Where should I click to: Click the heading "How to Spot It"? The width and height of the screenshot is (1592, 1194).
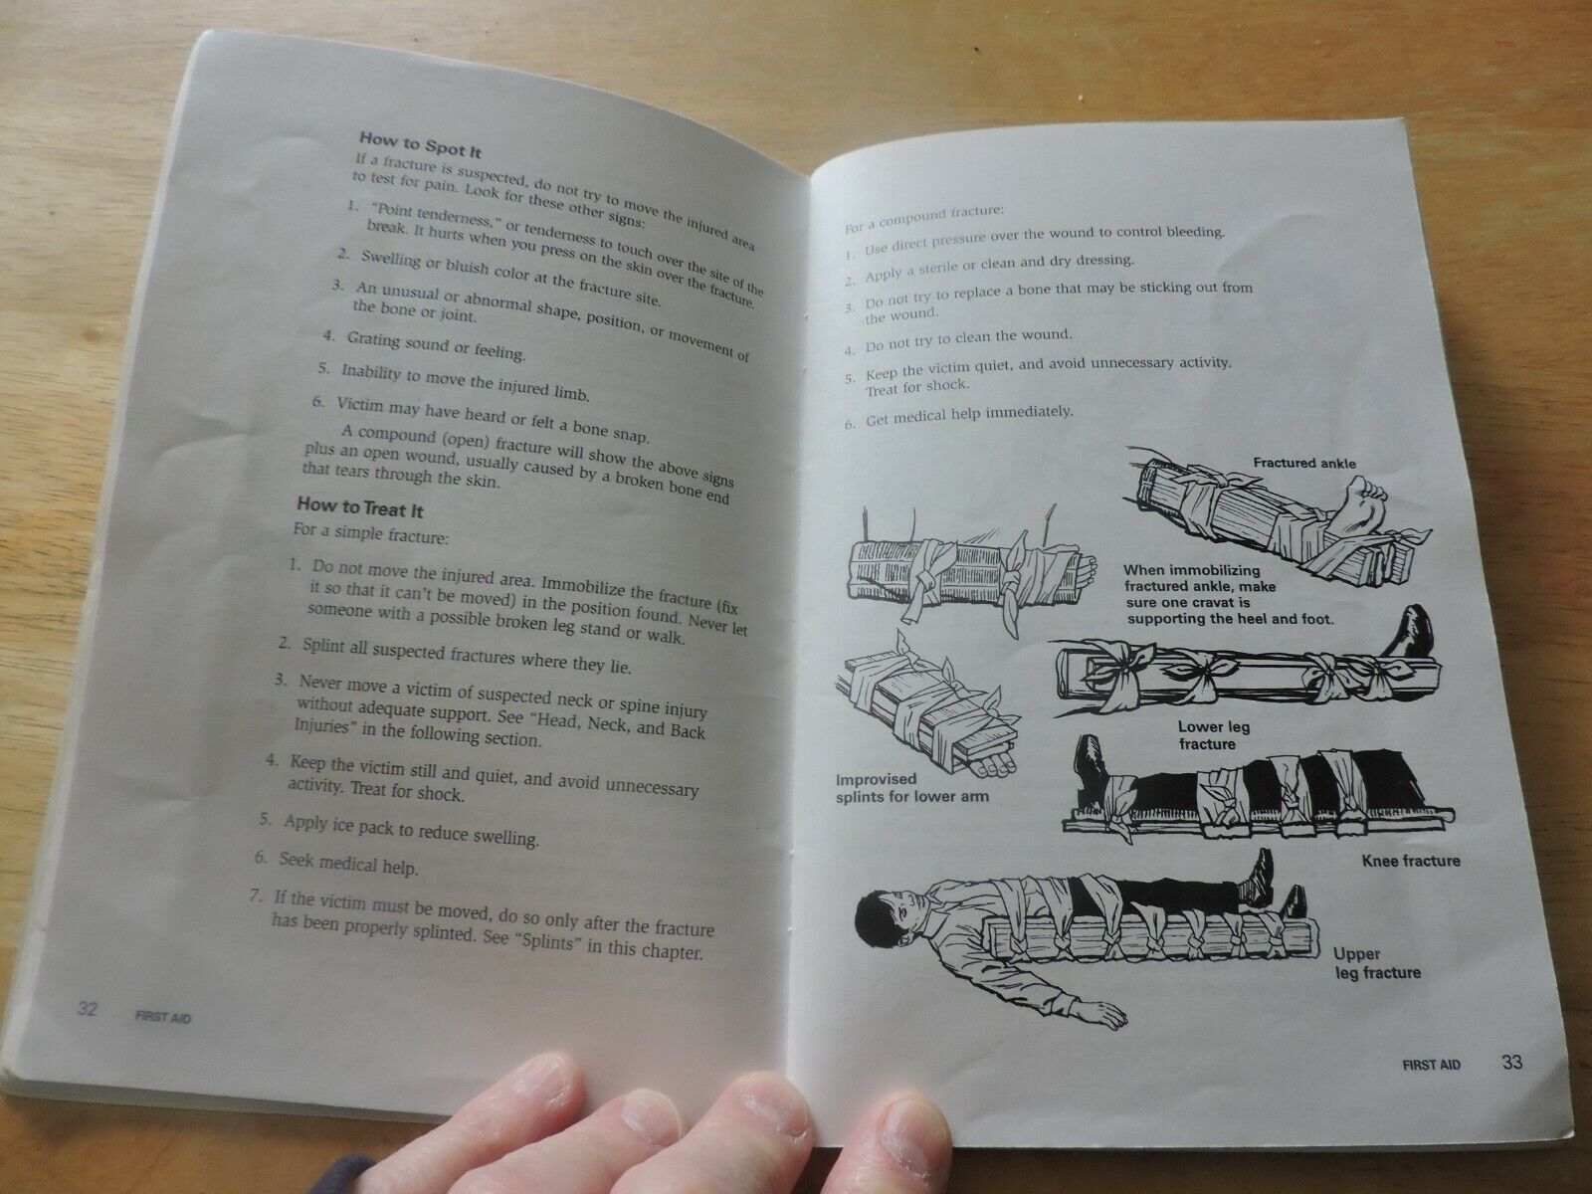pos(420,144)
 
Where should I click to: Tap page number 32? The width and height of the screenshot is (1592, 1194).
pos(87,1009)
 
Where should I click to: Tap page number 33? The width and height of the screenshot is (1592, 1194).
pos(1511,1062)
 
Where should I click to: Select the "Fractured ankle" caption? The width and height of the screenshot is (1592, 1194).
pos(1304,464)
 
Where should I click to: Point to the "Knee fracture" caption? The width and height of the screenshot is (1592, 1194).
pos(1411,862)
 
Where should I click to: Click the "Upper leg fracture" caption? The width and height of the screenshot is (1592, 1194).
pos(1377,963)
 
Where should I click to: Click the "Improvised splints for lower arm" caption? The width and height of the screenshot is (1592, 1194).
pos(911,788)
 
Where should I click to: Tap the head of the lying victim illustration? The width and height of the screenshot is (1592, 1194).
pos(886,918)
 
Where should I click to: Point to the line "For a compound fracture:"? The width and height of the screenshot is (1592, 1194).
pos(924,219)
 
